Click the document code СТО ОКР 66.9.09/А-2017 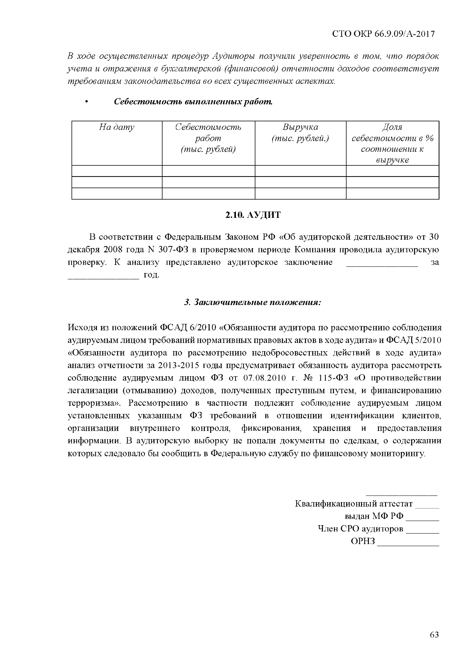[x=383, y=34]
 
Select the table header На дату [x=117, y=127]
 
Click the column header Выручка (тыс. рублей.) [x=300, y=133]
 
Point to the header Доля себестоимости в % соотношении [x=392, y=143]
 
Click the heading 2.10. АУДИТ [x=253, y=215]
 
